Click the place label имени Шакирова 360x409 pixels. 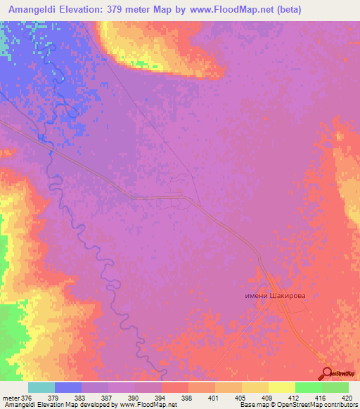273,297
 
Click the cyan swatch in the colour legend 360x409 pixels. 41,387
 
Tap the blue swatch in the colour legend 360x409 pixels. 68,387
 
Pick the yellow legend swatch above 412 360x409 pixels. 281,387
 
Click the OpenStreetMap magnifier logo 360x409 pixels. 328,373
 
